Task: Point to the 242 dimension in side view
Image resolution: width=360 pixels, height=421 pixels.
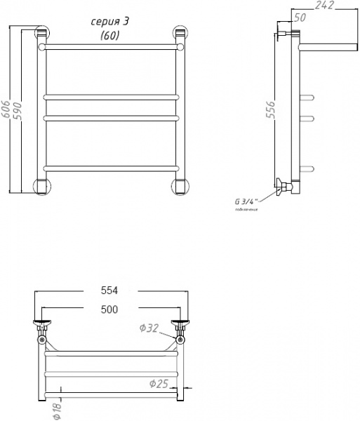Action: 324,6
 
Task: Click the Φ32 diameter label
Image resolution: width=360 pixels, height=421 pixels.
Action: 149,328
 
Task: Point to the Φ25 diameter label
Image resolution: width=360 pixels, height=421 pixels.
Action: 158,383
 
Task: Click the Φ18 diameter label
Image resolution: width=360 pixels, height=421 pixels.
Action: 58,406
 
